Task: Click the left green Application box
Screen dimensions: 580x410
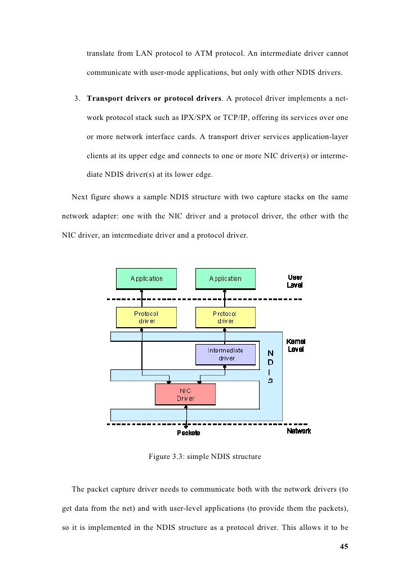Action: point(146,279)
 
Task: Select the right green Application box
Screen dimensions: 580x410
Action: point(225,279)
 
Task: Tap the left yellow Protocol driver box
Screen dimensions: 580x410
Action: point(146,318)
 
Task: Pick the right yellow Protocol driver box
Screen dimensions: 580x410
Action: point(225,318)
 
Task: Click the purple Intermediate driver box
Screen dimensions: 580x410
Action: point(225,354)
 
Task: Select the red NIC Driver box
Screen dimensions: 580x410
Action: point(185,394)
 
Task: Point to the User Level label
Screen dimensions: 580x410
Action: point(295,281)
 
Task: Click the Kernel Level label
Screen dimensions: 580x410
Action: point(296,345)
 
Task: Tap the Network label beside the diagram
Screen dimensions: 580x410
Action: point(298,431)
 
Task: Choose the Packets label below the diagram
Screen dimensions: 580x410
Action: point(189,432)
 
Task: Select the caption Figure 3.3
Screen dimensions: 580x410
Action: point(204,457)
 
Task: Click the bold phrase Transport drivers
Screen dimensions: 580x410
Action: point(117,100)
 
